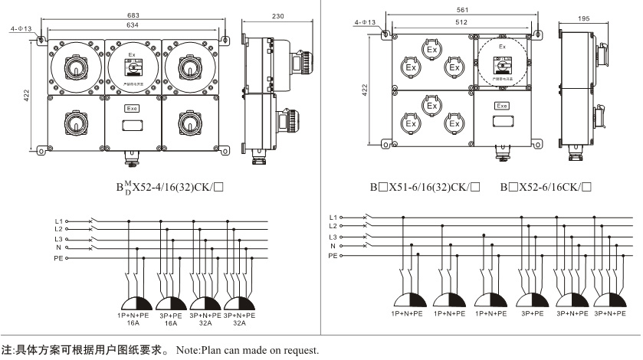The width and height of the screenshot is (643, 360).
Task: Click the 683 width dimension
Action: click(133, 16)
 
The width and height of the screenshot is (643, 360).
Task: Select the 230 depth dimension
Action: click(279, 16)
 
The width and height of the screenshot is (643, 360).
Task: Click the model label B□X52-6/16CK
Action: click(546, 186)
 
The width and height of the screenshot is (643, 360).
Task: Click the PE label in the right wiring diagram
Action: click(333, 255)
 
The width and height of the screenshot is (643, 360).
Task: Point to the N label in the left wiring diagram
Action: click(58, 247)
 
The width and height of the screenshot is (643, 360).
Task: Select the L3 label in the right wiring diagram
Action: click(333, 237)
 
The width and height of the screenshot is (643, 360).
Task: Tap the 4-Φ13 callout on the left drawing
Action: click(21, 28)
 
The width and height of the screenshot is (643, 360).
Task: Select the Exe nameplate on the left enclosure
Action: click(132, 109)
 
